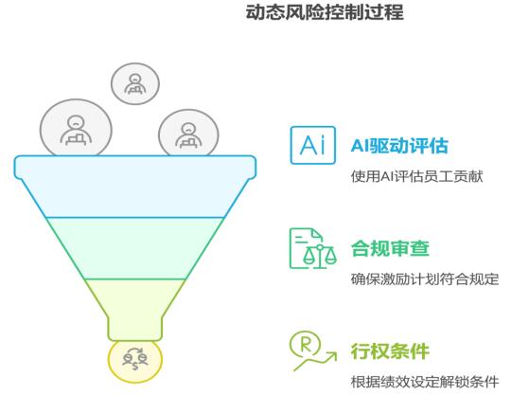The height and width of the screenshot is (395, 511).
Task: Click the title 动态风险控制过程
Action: tap(325, 12)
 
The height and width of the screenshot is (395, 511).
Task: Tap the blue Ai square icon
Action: tap(313, 145)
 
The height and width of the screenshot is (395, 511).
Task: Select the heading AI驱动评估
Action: tap(399, 146)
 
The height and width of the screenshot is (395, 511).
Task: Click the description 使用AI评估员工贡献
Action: tap(416, 176)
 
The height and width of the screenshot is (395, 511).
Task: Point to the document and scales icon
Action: tap(313, 248)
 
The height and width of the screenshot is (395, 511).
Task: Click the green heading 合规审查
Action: tap(390, 248)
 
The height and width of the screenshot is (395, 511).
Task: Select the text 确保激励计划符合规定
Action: tap(425, 279)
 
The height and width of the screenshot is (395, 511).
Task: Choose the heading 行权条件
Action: tap(390, 351)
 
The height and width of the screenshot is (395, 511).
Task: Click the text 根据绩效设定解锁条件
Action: tap(425, 382)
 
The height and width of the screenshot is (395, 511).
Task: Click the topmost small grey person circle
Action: tap(135, 83)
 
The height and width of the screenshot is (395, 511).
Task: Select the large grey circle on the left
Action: tap(76, 128)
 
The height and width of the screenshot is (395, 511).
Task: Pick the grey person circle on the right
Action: tap(188, 133)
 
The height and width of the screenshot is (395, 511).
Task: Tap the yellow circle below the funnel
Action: tap(135, 362)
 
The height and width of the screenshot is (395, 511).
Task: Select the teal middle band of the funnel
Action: tap(135, 248)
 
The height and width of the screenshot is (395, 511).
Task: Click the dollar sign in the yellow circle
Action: tap(135, 366)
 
